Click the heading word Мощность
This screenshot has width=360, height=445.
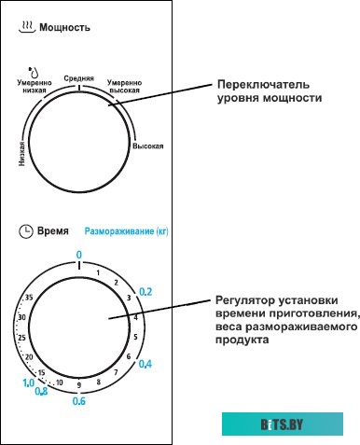point(65,28)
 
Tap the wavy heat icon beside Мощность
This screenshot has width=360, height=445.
point(26,28)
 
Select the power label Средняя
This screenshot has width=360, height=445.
point(78,77)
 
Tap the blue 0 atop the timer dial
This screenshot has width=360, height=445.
point(79,254)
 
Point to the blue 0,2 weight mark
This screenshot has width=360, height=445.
point(145,292)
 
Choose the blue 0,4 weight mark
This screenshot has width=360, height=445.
point(145,363)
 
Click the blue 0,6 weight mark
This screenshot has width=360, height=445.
point(78,402)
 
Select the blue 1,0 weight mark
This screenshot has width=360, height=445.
point(28,382)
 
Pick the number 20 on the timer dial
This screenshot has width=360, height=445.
point(30,357)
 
